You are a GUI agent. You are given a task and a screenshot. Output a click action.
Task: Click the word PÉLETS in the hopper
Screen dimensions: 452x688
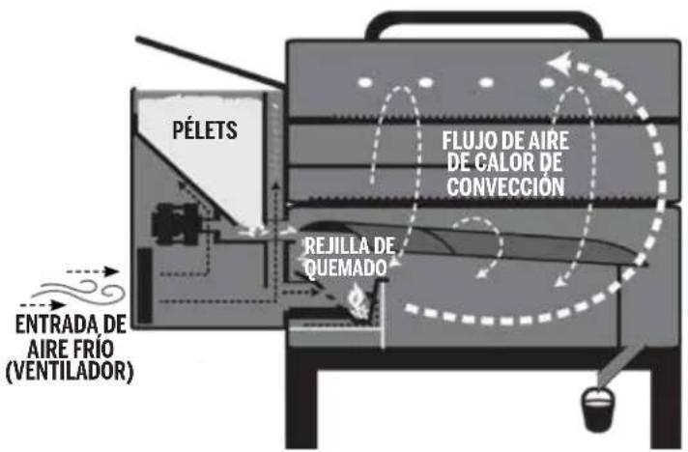204,129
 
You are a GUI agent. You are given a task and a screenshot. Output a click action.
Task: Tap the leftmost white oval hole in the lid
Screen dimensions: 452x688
364,83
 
